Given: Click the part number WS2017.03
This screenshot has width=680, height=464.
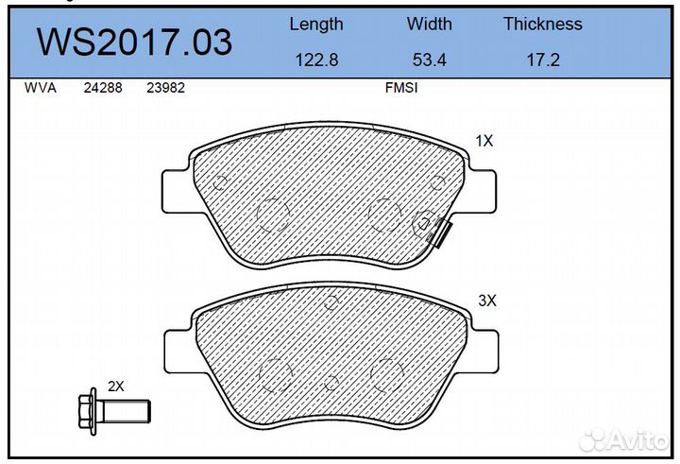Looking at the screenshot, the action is coord(134,43).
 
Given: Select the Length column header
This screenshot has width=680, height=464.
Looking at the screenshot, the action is coord(316,25).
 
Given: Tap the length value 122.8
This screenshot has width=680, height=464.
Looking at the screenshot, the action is coord(316,60).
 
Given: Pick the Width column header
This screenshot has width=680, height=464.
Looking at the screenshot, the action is coord(430,24).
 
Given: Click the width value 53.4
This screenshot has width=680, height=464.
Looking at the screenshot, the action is coord(430,60).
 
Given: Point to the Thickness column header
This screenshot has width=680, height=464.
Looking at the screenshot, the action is coord(543,24).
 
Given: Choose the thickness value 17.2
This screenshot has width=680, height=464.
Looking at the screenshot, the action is coord(543,60).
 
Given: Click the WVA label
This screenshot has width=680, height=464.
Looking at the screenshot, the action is coord(41,88).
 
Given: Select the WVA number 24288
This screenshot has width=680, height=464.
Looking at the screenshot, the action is coord(103,88).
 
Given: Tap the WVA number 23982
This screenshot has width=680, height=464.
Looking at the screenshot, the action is coord(165,88).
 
